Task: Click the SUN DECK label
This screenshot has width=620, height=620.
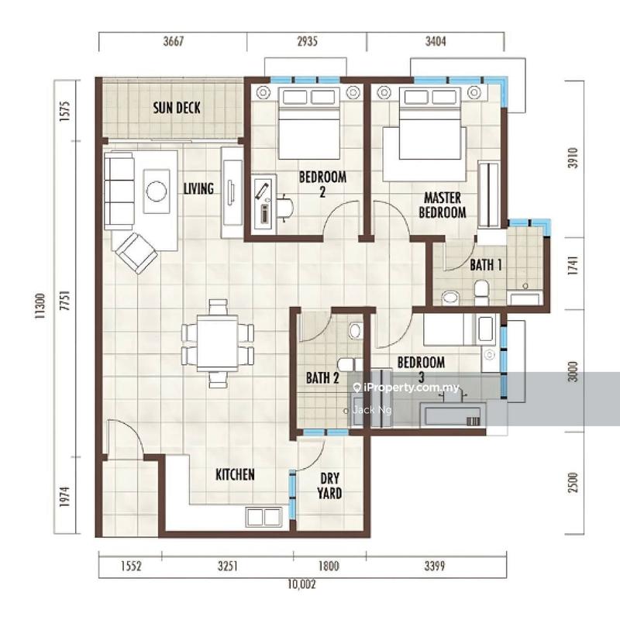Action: pos(176,108)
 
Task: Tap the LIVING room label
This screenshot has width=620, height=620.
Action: pos(198,188)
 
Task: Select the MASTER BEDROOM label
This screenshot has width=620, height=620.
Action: pos(443,205)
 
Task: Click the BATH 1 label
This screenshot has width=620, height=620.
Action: pos(486,265)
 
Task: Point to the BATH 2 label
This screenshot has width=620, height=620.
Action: pos(322,378)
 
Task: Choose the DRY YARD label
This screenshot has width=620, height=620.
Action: pos(329,486)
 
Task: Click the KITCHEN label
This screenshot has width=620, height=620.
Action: pos(235,474)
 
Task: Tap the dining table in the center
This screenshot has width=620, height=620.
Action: pos(217,343)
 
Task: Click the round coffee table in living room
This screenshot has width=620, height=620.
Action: pos(157,191)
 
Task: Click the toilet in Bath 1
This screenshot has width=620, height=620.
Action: pos(481,291)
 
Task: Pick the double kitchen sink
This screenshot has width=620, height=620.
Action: pos(263,517)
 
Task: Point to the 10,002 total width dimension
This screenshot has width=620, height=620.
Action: pos(301,584)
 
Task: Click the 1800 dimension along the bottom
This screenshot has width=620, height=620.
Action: pos(329,567)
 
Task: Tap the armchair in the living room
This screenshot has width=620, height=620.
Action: pos(136,252)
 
